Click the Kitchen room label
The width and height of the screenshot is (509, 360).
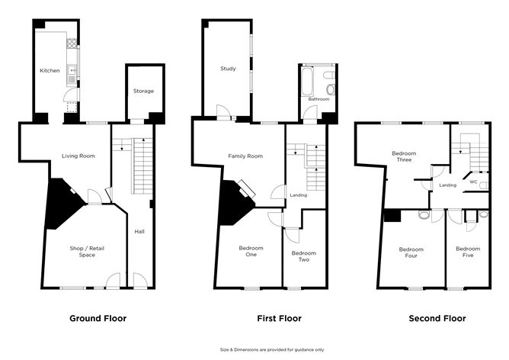(x=50, y=70)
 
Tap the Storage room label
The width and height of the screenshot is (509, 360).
(x=143, y=91)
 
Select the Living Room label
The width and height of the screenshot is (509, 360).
(x=78, y=156)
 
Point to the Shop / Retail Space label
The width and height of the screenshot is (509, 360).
(x=87, y=252)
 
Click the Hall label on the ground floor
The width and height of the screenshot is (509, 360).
(x=139, y=232)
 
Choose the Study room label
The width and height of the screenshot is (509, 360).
(x=228, y=69)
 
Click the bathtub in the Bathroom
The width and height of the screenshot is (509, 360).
(x=307, y=81)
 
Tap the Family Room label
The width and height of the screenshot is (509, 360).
(x=245, y=156)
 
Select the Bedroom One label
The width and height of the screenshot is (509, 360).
(x=251, y=251)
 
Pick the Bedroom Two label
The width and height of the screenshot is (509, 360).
(x=304, y=256)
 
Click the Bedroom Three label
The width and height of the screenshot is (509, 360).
(x=404, y=156)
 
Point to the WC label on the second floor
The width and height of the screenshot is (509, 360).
(x=474, y=182)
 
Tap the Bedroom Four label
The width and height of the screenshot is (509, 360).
(x=411, y=252)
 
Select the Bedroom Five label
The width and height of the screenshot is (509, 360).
(x=468, y=252)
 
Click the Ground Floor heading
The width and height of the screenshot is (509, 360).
(x=98, y=318)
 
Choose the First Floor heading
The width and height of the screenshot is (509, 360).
(x=279, y=318)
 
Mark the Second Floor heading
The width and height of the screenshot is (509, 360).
(x=437, y=318)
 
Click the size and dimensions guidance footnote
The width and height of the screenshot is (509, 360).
(x=272, y=350)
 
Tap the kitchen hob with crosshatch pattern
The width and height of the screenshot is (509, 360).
(x=72, y=43)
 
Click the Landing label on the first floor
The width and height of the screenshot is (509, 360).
(x=299, y=195)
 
